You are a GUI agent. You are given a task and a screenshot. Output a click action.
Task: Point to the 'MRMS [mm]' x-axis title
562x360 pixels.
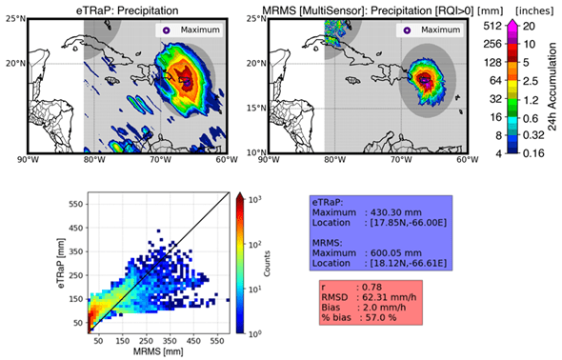tap(159, 351)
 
